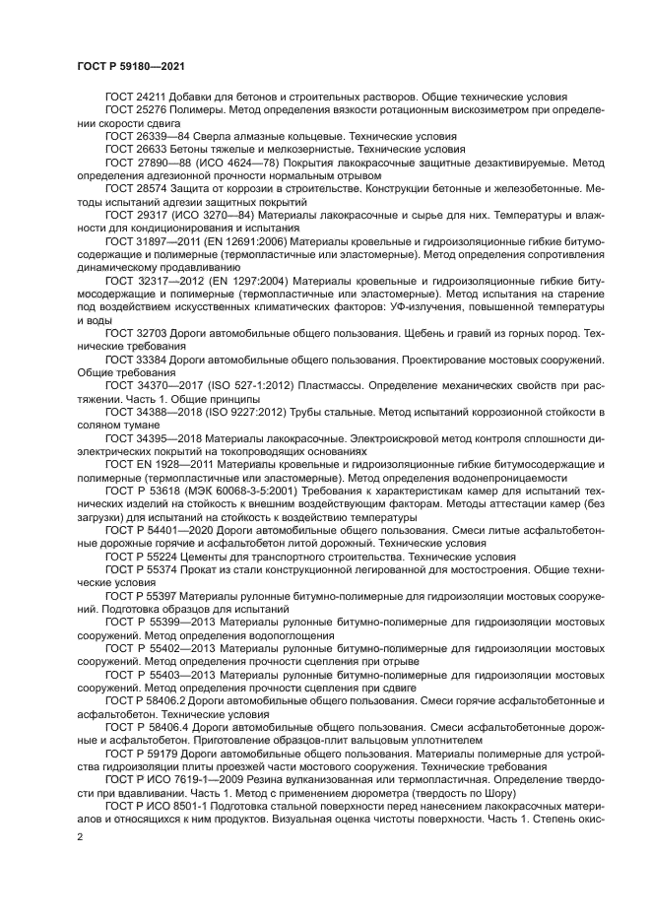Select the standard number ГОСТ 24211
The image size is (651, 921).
tap(133, 98)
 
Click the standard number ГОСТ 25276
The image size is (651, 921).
tap(133, 111)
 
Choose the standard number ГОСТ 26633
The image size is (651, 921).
tap(133, 149)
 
